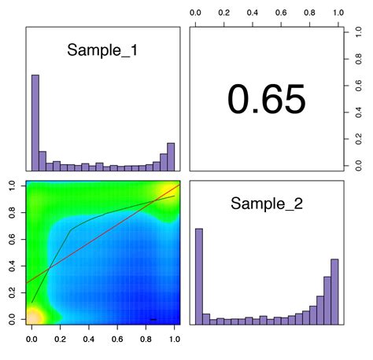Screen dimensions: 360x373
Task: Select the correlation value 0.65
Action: [x=267, y=100]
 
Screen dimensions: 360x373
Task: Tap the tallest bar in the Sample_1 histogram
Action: [x=35, y=122]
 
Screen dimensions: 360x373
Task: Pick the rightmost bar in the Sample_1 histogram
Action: [x=171, y=156]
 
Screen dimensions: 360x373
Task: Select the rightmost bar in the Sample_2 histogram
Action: [x=334, y=290]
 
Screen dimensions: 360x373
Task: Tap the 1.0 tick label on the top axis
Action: [x=338, y=13]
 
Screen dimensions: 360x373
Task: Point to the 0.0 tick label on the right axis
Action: [x=359, y=164]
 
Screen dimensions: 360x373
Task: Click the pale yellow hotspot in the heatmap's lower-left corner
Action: [x=33, y=317]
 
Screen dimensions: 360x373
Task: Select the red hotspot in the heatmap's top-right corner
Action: [x=175, y=186]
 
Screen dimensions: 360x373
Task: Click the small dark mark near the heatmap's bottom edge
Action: [x=153, y=319]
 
